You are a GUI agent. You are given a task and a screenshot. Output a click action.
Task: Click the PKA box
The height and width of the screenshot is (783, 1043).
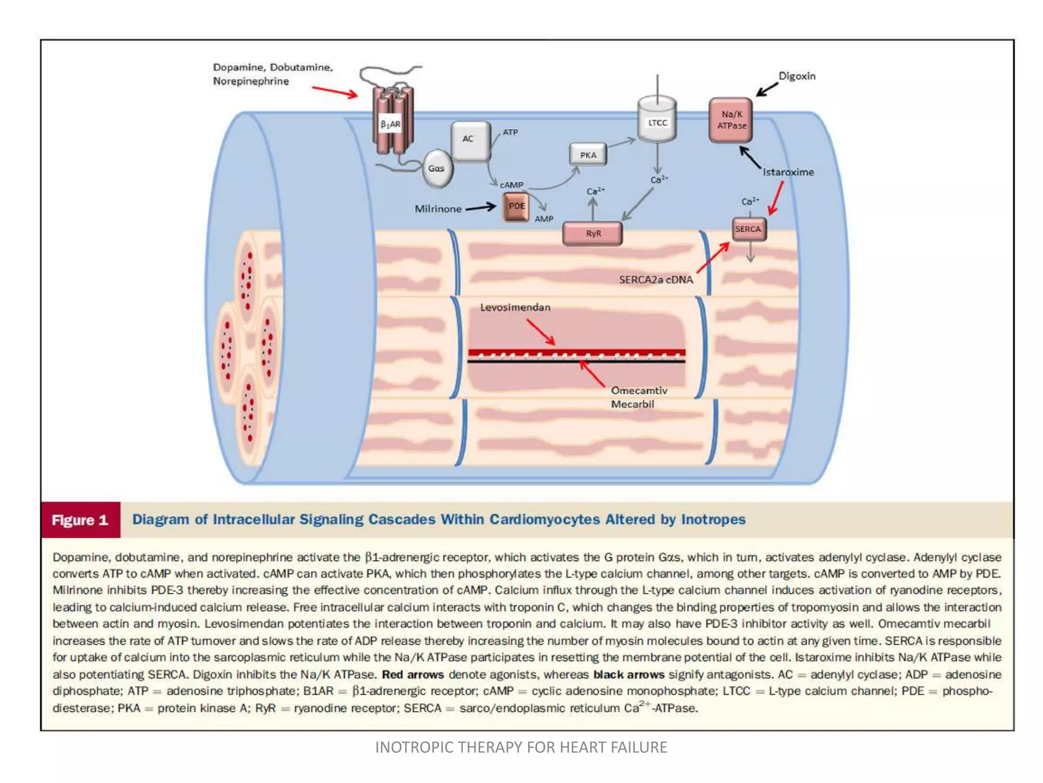coord(588,155)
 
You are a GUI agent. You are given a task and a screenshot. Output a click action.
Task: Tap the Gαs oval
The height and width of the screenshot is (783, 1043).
coord(436,168)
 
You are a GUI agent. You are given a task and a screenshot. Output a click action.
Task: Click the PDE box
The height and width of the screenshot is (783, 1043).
coord(516,206)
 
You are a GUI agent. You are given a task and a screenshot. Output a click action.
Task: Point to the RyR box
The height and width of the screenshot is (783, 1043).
coord(593,233)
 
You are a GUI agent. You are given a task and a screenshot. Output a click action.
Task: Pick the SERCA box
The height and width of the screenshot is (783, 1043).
coord(748,229)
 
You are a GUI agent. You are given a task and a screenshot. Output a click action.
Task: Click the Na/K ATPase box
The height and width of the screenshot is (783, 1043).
coord(731,120)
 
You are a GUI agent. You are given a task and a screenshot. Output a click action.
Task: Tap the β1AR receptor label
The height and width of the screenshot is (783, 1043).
coord(390,124)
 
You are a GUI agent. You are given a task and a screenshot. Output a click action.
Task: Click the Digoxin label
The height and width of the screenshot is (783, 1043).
coord(797,76)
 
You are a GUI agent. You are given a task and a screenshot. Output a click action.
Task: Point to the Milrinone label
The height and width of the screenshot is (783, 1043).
coord(438,209)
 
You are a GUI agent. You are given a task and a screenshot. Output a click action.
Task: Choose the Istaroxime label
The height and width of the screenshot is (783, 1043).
coord(788,172)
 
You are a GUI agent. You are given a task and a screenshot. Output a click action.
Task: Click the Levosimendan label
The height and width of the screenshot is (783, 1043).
coord(515,307)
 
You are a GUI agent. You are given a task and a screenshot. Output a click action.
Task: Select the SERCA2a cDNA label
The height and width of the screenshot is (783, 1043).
coord(656,279)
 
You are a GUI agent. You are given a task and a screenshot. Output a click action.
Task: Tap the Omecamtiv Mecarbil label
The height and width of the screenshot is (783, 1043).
coord(638,397)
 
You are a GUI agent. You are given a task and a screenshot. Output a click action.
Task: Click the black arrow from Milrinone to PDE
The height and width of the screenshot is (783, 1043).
coord(481,207)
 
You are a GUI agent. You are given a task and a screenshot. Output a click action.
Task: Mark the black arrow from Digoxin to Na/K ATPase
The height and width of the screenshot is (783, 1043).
coord(767,89)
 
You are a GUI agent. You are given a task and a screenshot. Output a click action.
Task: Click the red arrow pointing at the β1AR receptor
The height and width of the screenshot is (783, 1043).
coord(335,92)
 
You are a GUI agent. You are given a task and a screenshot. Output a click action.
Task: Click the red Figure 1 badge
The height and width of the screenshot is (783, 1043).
coord(80,520)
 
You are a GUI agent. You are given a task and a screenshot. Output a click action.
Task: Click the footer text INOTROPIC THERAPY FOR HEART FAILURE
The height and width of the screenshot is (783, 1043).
coord(521,747)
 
